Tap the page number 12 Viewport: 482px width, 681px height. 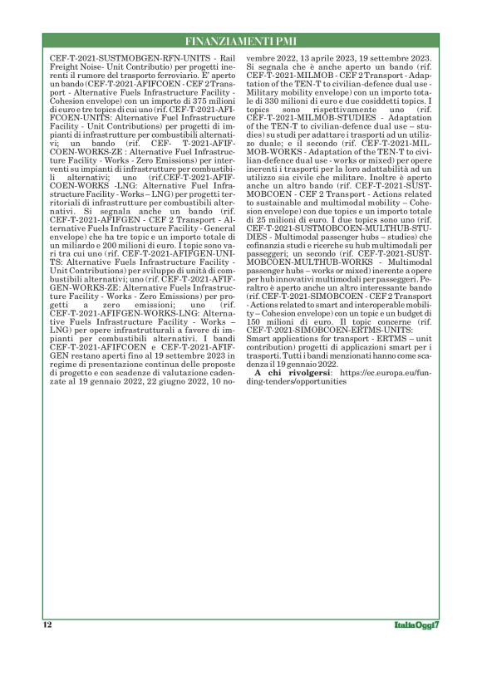[47, 623]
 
